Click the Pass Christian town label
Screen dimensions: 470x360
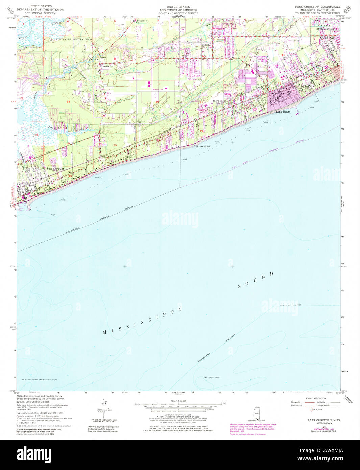[55, 168]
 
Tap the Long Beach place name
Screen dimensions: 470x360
[283, 112]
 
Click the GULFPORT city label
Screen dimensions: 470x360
[328, 38]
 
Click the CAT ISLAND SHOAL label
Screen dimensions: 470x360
[211, 377]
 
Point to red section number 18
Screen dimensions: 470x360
[69, 101]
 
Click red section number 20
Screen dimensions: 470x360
[115, 145]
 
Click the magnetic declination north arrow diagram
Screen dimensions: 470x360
[104, 407]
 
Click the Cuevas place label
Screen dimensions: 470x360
[103, 57]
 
